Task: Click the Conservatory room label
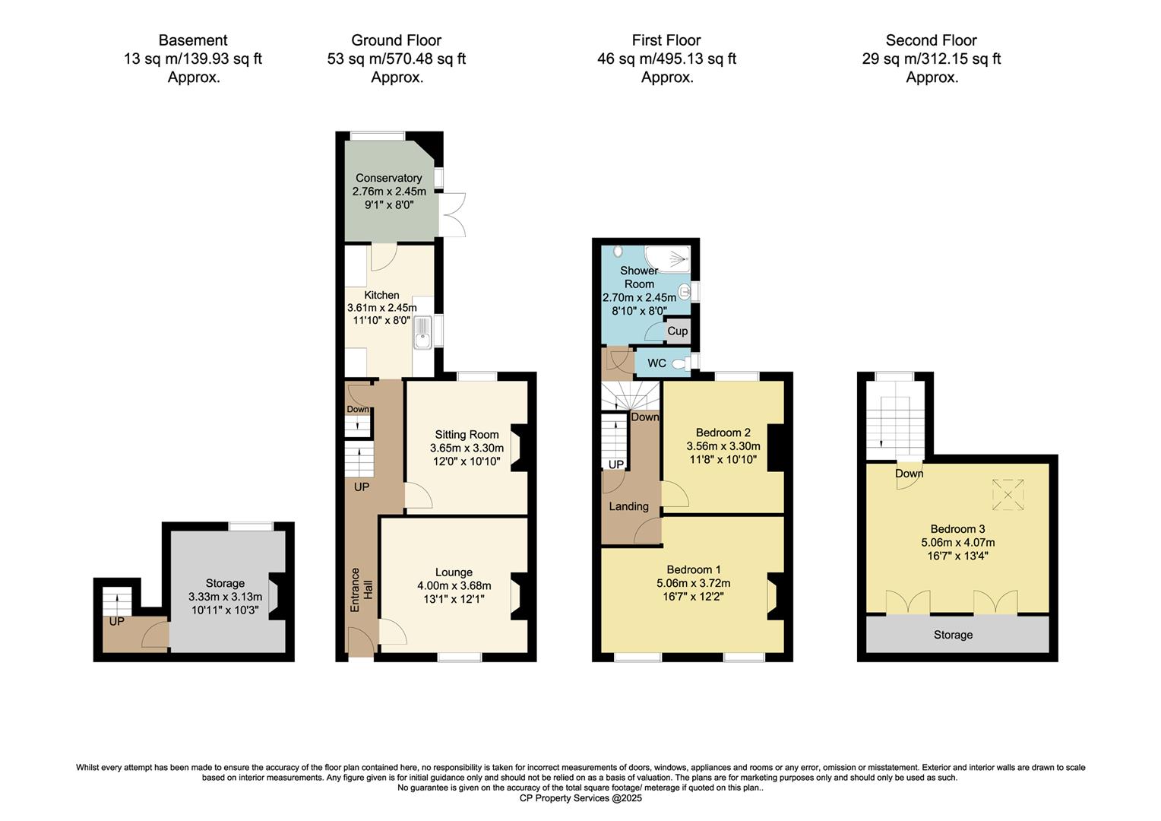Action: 388,178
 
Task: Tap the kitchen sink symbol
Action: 422,333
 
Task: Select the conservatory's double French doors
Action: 453,214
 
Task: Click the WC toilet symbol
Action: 679,363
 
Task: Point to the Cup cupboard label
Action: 677,331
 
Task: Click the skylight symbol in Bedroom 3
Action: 1008,495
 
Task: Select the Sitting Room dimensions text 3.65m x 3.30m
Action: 467,448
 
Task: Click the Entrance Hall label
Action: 361,590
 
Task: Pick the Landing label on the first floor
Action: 628,506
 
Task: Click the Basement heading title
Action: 193,40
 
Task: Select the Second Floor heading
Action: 931,40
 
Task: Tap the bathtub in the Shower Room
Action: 668,258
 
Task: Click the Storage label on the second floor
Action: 953,635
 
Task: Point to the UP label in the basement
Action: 116,621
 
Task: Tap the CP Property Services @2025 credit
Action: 580,798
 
